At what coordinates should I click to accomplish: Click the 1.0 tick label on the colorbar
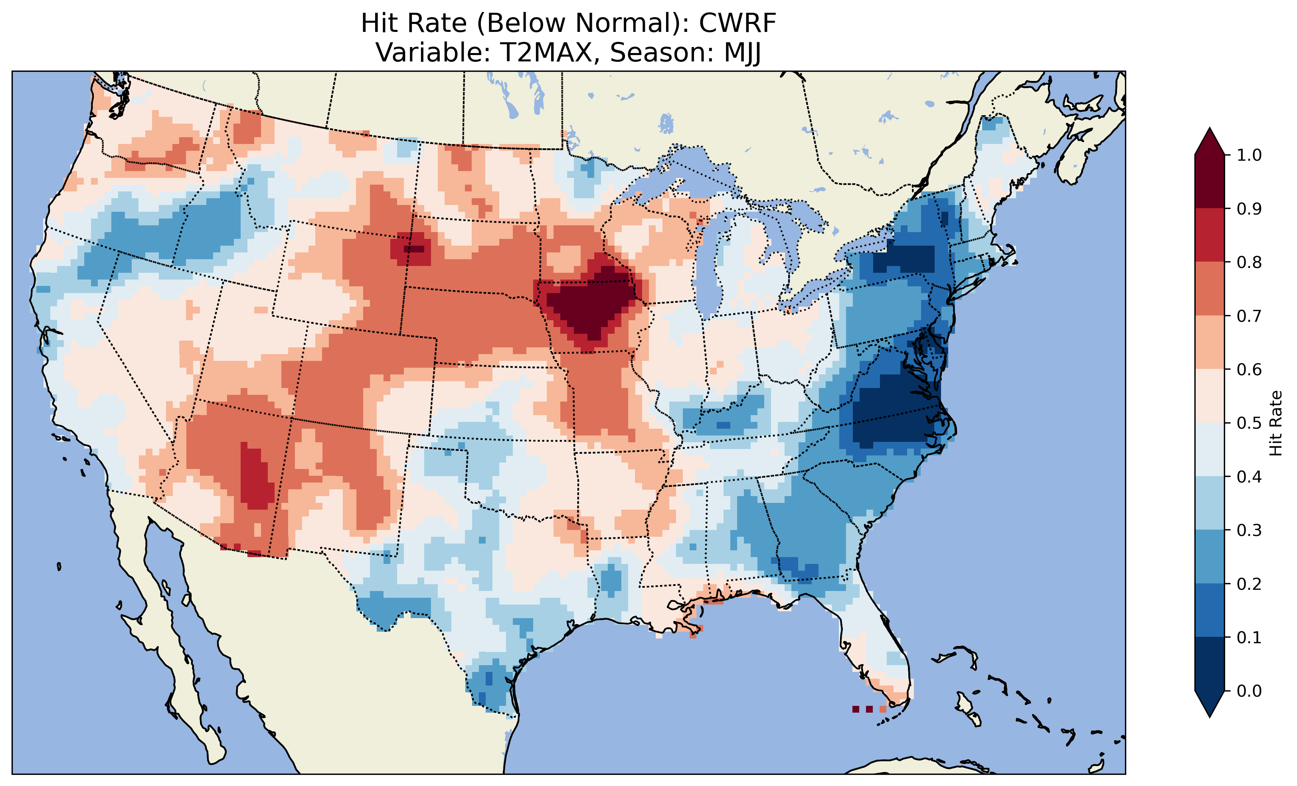coord(1249,155)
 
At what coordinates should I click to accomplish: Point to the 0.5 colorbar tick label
coord(1249,423)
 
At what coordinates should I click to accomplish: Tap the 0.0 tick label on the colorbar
coord(1249,691)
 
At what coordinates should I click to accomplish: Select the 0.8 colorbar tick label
coord(1249,262)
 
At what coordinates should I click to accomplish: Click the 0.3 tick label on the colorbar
coord(1249,530)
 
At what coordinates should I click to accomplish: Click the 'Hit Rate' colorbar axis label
coord(1275,423)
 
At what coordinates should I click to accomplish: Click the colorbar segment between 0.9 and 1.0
coord(1210,181)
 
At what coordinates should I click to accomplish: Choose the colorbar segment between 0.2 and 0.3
coord(1210,557)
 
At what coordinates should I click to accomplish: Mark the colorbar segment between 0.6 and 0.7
coord(1210,342)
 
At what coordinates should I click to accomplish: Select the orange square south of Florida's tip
coord(883,709)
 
